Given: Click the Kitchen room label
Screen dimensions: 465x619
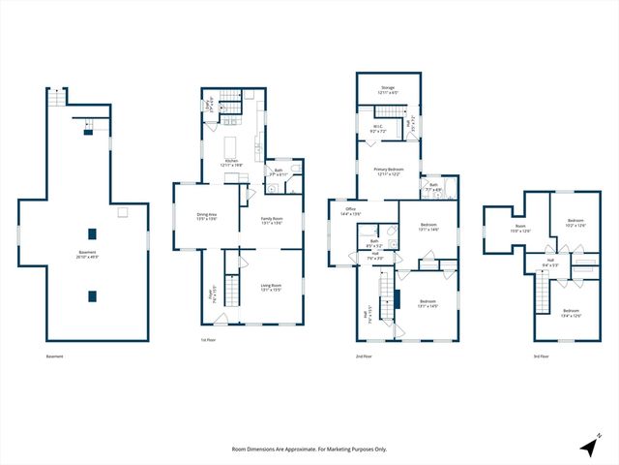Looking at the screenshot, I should (x=231, y=163).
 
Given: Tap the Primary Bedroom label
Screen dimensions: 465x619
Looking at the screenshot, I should (x=388, y=171).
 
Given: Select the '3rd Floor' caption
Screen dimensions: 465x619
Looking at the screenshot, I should (x=542, y=356).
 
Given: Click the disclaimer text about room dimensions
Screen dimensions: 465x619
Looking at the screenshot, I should (x=309, y=449).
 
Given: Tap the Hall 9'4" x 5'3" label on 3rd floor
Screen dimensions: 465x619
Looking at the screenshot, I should (x=549, y=262).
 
